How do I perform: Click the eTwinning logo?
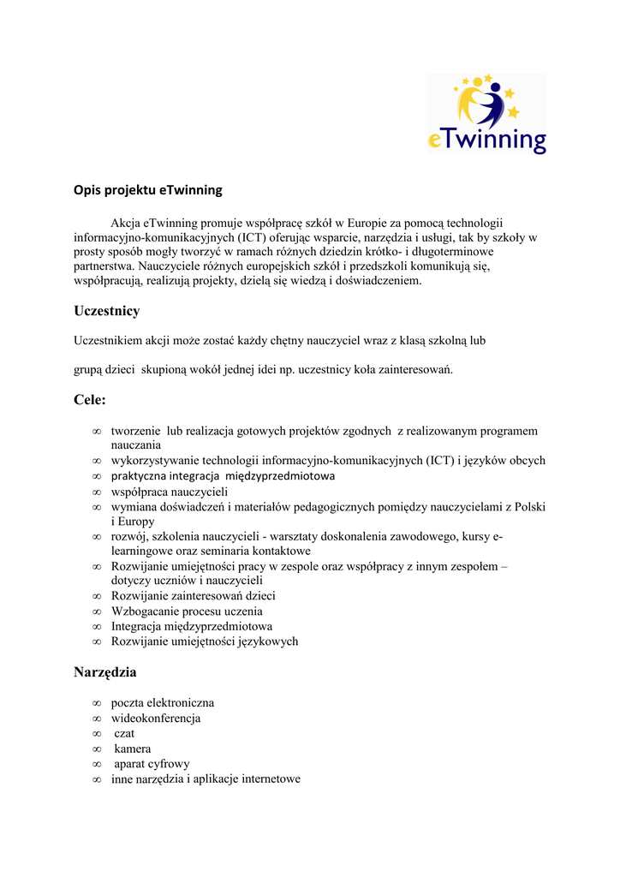(486, 114)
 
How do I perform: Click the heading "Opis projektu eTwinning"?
(148, 189)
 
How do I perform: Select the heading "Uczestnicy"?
(106, 311)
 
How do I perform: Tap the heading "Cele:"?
(90, 399)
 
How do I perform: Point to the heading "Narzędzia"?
(105, 672)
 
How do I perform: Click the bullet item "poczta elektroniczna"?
(163, 703)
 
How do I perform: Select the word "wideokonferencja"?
(156, 719)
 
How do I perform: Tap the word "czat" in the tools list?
(124, 734)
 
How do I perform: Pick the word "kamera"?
(133, 749)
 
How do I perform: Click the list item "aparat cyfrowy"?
(152, 764)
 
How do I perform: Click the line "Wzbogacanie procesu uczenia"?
(187, 612)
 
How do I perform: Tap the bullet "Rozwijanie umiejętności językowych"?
(205, 641)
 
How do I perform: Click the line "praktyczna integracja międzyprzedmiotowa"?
(223, 475)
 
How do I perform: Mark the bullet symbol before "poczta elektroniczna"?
(97, 703)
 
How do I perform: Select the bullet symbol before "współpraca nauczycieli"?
(97, 492)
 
